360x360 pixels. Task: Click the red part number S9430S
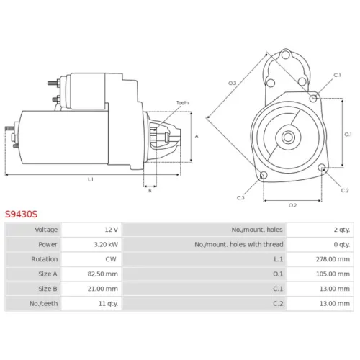click(22, 214)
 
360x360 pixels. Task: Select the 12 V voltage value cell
click(91, 230)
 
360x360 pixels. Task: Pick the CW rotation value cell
click(91, 259)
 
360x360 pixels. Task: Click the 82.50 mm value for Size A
click(103, 274)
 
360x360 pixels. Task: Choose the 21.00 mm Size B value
click(103, 289)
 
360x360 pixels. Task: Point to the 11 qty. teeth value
click(108, 304)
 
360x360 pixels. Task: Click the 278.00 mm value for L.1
click(333, 259)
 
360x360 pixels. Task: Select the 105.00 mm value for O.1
click(333, 274)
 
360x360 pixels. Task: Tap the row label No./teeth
click(43, 304)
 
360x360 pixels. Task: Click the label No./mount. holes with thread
click(239, 245)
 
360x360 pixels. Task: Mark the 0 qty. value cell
click(320, 245)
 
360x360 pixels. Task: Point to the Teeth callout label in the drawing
click(182, 103)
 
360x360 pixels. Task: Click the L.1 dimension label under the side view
click(91, 179)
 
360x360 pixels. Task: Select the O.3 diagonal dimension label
click(232, 84)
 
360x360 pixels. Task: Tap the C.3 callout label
click(240, 198)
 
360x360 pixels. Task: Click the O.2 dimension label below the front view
click(292, 205)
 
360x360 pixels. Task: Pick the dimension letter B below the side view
click(150, 191)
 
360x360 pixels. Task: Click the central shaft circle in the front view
click(288, 138)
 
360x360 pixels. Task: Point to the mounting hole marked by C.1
click(313, 98)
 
